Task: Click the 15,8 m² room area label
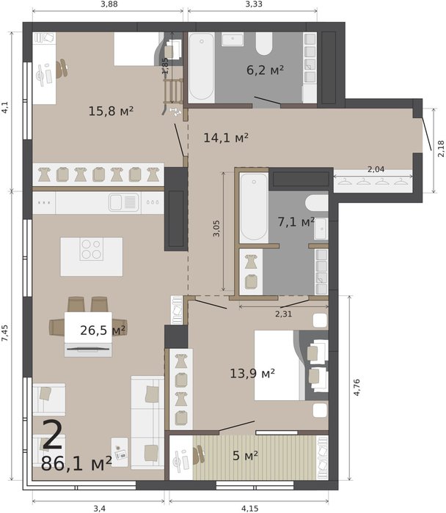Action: click(x=111, y=111)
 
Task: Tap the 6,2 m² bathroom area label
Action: click(x=265, y=70)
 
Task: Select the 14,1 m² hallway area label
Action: click(x=226, y=138)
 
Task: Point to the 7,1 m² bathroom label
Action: click(x=296, y=222)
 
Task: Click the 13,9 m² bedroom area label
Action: click(x=252, y=373)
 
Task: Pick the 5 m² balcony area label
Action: click(x=245, y=455)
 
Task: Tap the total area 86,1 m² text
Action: click(x=76, y=464)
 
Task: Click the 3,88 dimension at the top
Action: click(x=109, y=4)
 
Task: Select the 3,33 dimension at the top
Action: click(x=254, y=4)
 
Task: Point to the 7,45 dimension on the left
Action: click(x=5, y=333)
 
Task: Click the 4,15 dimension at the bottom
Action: click(x=250, y=509)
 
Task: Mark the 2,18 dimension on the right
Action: click(x=441, y=149)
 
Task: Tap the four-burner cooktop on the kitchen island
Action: click(x=92, y=249)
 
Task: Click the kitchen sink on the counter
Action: click(x=124, y=202)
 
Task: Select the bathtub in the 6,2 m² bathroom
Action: click(x=202, y=67)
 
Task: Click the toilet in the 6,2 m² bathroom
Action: click(x=264, y=44)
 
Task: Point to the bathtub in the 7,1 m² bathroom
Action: click(x=254, y=207)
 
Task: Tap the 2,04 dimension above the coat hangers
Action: click(x=376, y=169)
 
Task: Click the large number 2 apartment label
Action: click(x=52, y=435)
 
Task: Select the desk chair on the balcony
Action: click(x=199, y=455)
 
